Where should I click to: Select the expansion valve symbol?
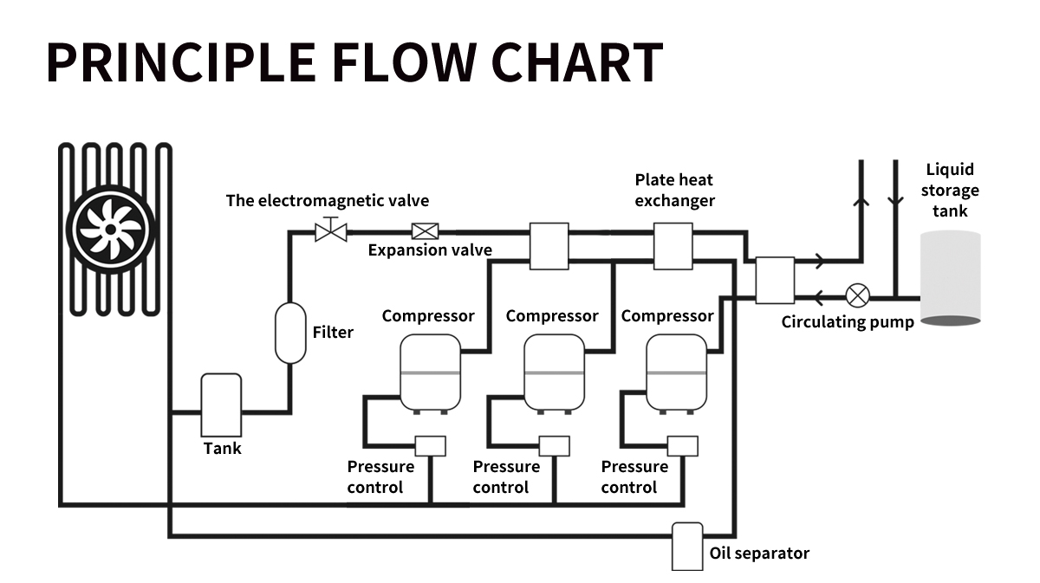[425, 231]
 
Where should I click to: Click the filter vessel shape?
[290, 333]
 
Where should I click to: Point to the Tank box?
[221, 405]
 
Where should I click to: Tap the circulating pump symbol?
[858, 295]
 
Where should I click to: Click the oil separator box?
[687, 546]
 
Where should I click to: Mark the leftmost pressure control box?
[430, 445]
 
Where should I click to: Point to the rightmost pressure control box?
[683, 445]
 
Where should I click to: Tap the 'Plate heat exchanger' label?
[674, 191]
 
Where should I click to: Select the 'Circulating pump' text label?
[848, 322]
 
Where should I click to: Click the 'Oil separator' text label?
[759, 554]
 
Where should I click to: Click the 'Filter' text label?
[333, 332]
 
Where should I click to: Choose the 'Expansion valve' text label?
[430, 250]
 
